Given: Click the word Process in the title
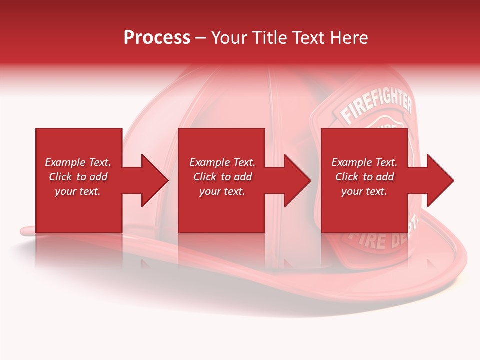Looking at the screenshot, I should (x=157, y=38).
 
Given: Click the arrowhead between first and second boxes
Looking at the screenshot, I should (x=155, y=180).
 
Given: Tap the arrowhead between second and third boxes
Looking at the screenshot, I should (x=298, y=180).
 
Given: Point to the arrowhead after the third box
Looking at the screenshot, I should (x=440, y=180).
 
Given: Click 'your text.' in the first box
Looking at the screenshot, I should (x=78, y=191).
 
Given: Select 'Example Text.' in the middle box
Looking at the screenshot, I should (x=222, y=162).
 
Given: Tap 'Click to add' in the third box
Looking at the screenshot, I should (x=364, y=177).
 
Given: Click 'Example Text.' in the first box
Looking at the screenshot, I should (x=78, y=162).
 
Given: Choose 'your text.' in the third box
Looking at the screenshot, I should (x=364, y=191).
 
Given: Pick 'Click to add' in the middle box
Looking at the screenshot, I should (x=222, y=177).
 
